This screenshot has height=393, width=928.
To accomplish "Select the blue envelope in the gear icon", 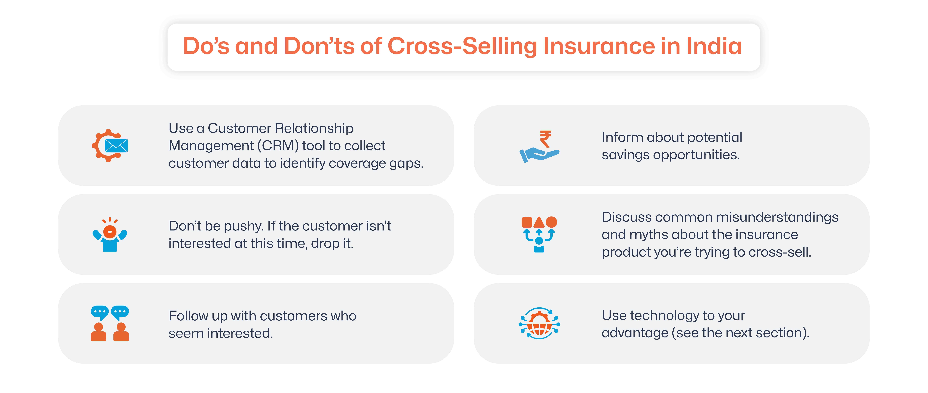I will point(116,146).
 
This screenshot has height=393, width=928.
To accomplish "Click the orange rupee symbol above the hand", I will point(545,139).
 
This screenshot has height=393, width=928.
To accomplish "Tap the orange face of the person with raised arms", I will point(110,231).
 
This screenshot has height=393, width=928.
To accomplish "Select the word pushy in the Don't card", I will point(243,226).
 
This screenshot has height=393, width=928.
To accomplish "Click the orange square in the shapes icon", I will point(527,222).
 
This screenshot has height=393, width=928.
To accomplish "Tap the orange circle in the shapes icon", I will point(551,222).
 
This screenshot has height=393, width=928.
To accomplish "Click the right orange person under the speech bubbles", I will point(121,332).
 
